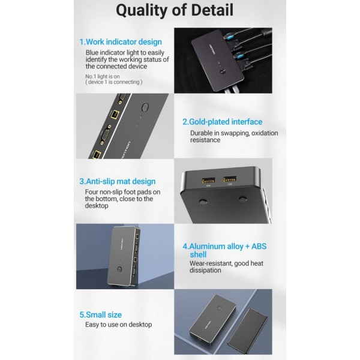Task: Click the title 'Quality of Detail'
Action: [175, 11]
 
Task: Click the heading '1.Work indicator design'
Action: [121, 42]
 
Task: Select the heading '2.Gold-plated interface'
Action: [222, 122]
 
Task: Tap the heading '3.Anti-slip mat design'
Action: [118, 181]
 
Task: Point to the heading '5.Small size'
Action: [101, 315]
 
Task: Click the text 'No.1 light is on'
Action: [103, 76]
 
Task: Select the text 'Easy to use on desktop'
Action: [118, 325]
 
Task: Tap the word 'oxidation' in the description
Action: [265, 133]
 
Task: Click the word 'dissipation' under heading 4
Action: [205, 270]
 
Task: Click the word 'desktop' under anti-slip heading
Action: [97, 206]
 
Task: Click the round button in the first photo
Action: [222, 72]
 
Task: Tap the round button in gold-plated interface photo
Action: [145, 107]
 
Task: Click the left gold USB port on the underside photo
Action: [208, 180]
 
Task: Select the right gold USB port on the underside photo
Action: [230, 179]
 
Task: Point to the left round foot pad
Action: [203, 202]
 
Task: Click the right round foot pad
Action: [242, 199]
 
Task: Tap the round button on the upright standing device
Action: [119, 269]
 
